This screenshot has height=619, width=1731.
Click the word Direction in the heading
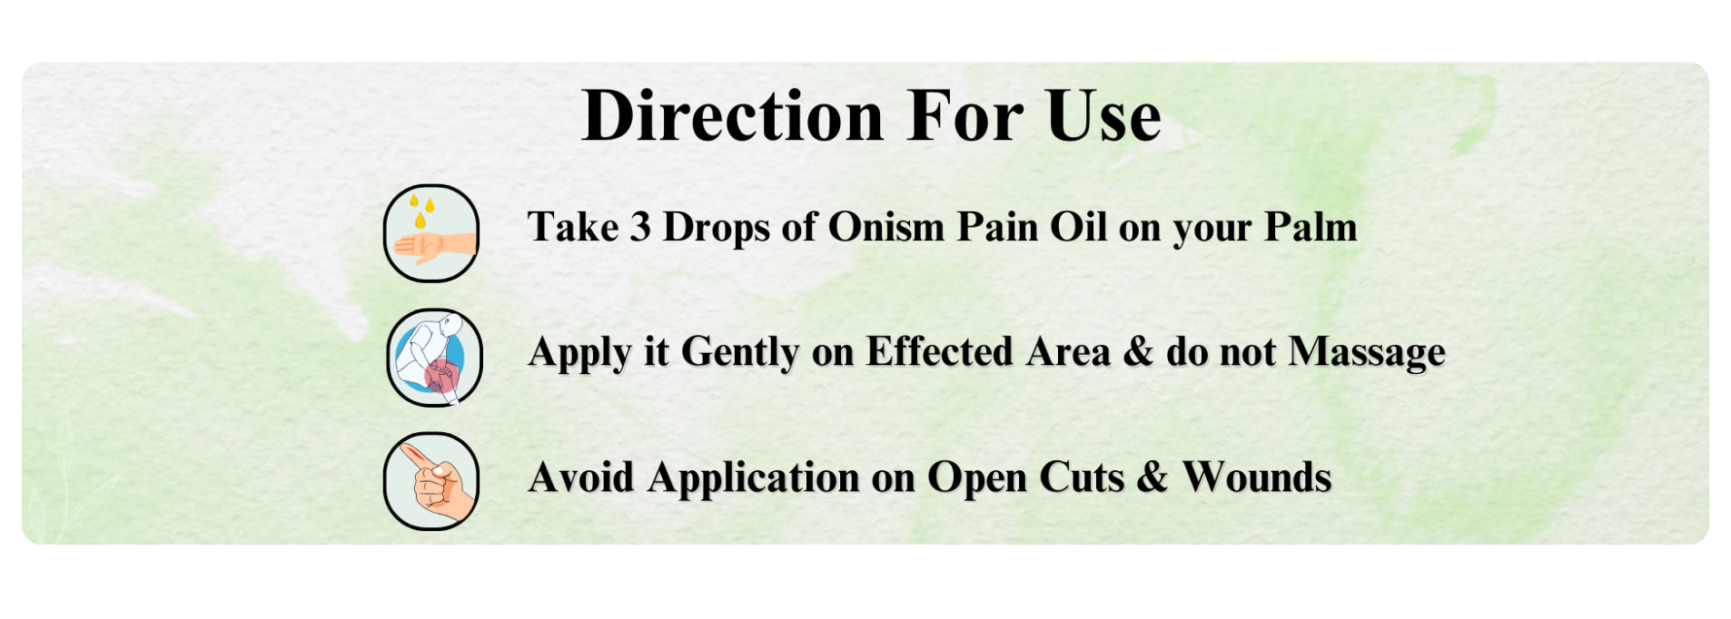point(732,116)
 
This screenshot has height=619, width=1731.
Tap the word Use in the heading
point(1103,116)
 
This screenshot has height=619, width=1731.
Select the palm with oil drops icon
point(431,233)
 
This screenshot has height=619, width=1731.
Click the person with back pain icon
point(434,358)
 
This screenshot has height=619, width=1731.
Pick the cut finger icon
point(431,481)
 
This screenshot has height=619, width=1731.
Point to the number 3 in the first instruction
point(640,227)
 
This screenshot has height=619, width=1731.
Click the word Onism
point(885,227)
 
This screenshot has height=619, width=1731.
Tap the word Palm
point(1311,227)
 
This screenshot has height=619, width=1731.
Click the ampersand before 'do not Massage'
point(1138,351)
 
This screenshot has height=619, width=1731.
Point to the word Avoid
point(581,477)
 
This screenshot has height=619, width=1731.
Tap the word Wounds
point(1257,477)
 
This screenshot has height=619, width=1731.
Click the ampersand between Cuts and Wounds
point(1152,477)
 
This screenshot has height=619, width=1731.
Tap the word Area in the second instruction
point(1068,351)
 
